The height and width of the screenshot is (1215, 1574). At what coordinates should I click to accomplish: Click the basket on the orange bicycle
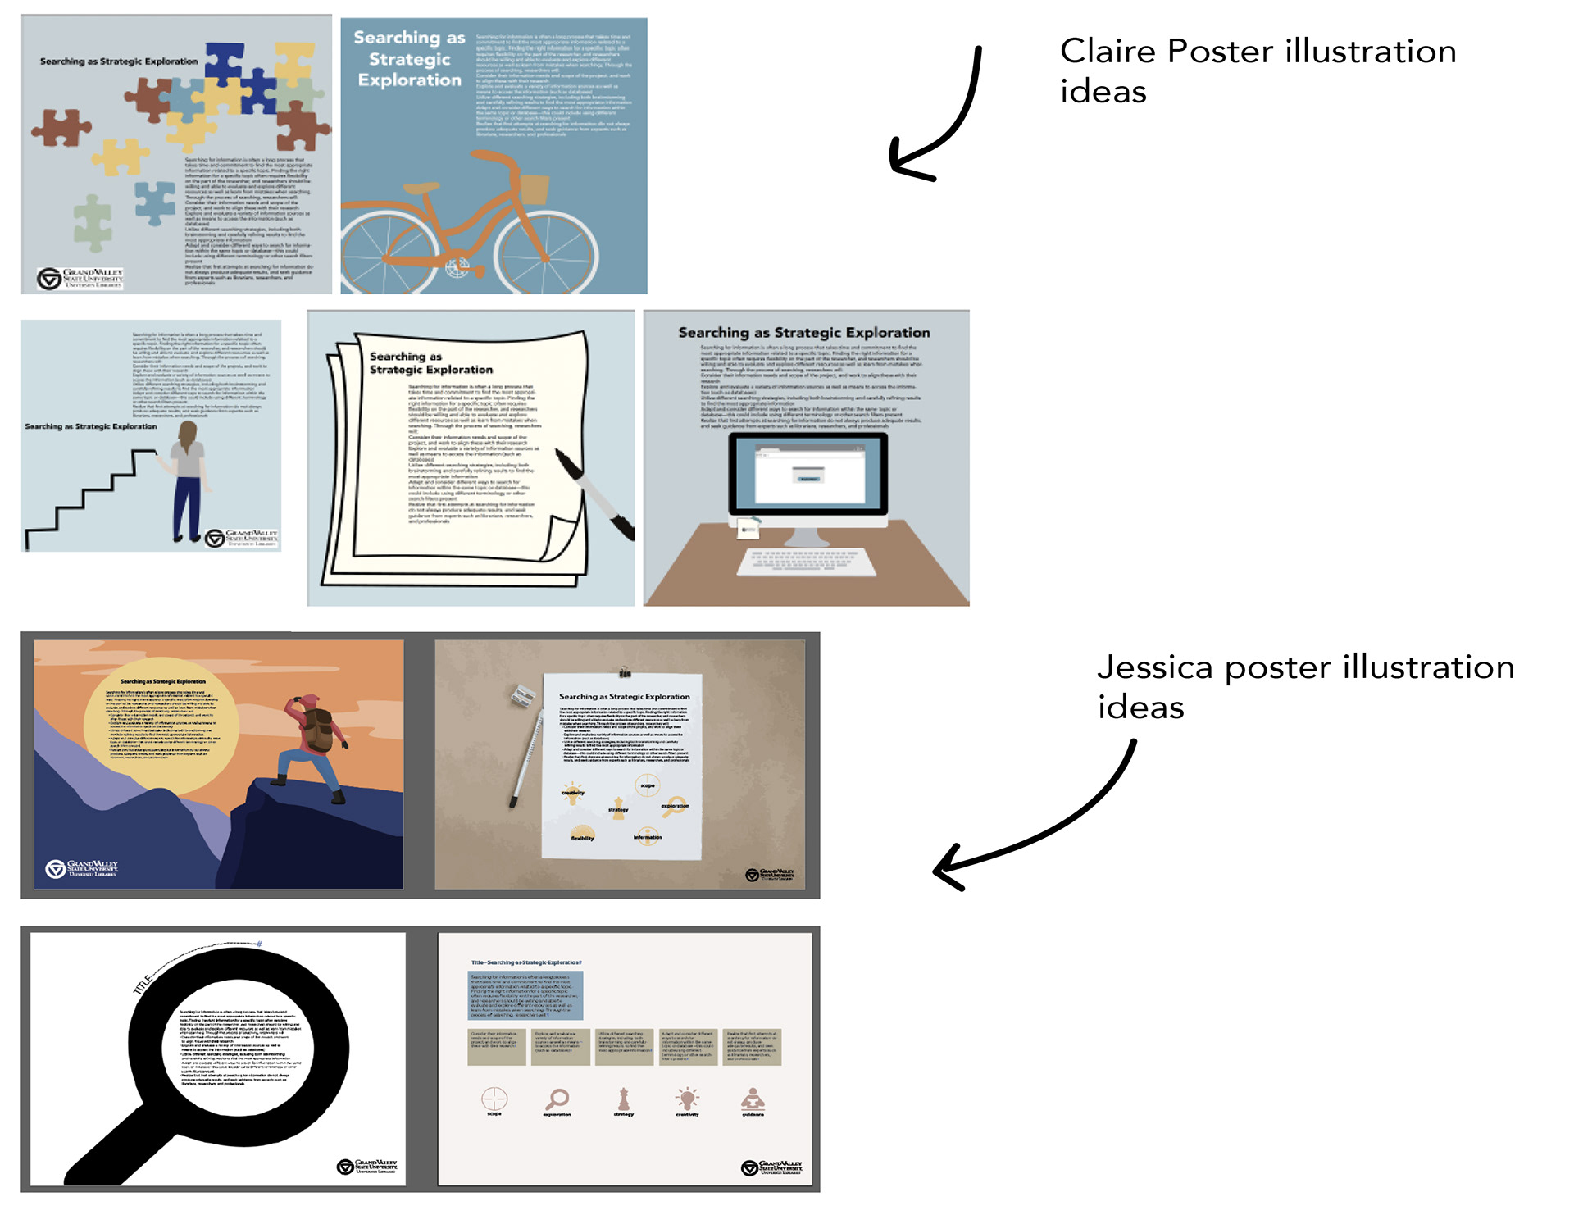(534, 189)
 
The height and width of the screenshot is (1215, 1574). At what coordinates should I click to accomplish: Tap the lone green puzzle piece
(93, 222)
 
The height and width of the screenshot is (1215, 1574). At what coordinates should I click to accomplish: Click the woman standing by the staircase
(188, 480)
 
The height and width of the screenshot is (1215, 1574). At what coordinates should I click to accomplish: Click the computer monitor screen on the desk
(807, 474)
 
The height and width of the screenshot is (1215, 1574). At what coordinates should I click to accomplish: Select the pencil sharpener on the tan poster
(522, 696)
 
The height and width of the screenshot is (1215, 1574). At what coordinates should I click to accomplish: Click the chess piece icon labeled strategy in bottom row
(624, 1098)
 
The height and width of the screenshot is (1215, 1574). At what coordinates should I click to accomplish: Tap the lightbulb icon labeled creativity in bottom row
(687, 1098)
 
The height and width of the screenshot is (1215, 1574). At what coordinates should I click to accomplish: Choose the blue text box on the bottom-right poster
(525, 995)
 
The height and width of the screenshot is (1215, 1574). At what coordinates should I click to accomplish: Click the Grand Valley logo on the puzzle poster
(80, 278)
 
